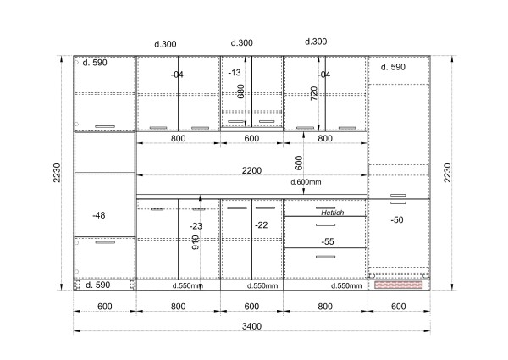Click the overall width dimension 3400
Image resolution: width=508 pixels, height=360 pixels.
pos(251,326)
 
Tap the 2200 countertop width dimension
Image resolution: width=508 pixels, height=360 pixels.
pos(251,170)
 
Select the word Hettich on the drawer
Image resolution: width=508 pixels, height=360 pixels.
pos(333,213)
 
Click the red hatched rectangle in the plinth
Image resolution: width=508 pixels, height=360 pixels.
pos(399,285)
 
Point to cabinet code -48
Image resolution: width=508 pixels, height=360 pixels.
pos(99,215)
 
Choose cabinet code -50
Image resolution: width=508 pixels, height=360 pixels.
pos(397,219)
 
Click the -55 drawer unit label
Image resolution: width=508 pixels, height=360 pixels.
pos(328,241)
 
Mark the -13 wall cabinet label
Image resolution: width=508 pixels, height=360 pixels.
pos(235,73)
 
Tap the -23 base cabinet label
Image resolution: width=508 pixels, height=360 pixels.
pos(196,226)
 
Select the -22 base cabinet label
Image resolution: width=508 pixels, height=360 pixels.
pos(261,224)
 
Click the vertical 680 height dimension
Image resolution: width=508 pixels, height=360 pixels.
pos(240,91)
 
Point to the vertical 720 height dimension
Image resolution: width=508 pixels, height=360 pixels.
pos(314,93)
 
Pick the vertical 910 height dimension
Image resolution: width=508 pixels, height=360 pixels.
pos(196,242)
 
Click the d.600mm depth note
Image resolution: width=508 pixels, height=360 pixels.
pos(306,182)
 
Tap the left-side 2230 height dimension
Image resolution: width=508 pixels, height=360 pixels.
pos(57,173)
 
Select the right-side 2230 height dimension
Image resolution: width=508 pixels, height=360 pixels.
pos(447,173)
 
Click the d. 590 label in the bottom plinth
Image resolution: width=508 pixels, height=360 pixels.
pos(98,285)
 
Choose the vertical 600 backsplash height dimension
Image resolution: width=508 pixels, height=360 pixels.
pos(299,163)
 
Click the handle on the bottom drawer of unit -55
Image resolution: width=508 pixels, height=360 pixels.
pos(326,257)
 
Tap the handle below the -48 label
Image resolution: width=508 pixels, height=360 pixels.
pos(105,242)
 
